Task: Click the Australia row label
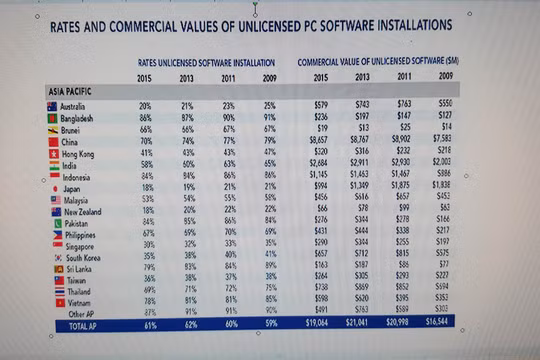point(73,105)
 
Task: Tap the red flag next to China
point(53,142)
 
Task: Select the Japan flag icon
point(53,188)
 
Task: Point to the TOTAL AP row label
point(83,325)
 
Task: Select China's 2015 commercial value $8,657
point(318,142)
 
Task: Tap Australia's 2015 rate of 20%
point(145,105)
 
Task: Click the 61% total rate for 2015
point(150,325)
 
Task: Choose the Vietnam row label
point(78,301)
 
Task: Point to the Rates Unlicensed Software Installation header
point(206,62)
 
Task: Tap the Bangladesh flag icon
point(53,118)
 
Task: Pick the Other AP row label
point(82,312)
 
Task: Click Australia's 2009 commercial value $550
point(441,104)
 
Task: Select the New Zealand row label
point(82,211)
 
